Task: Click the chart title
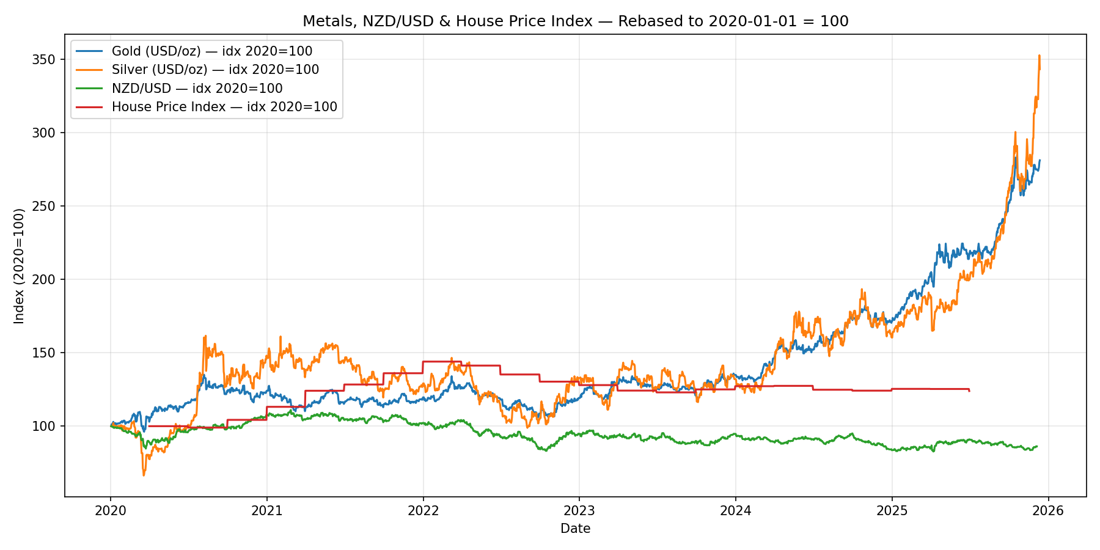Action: coord(575,21)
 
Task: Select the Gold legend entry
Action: coord(211,51)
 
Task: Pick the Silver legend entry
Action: coord(215,70)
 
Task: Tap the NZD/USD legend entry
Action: coord(197,89)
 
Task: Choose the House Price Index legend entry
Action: coord(224,107)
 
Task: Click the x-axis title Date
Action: coord(575,529)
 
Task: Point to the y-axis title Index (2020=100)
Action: coord(20,266)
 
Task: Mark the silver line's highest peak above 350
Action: coord(1039,56)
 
